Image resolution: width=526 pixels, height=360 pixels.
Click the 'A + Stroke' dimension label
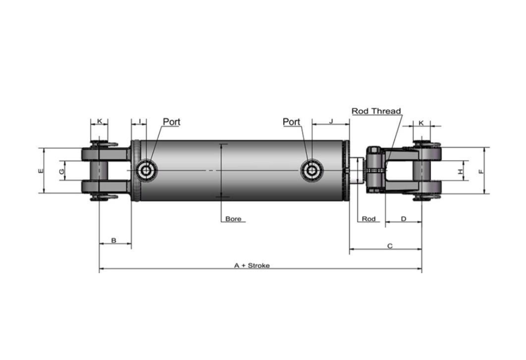pos(252,265)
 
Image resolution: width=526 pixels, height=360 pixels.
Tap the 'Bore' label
pos(233,219)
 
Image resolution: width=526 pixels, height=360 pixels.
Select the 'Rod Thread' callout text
pos(376,111)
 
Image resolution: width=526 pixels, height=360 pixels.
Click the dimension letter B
pos(114,241)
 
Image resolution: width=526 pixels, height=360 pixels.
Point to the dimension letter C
pos(390,246)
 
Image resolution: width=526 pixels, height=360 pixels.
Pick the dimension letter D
pos(403,219)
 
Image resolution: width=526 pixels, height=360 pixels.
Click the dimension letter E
pos(40,171)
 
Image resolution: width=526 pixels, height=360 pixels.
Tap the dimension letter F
pos(481,171)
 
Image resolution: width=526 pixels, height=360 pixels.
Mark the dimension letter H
pos(460,171)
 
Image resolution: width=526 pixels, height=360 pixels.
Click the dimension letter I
pos(140,121)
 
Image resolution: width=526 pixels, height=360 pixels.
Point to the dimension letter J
pos(331,121)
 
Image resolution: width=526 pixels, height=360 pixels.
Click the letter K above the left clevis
pos(99,121)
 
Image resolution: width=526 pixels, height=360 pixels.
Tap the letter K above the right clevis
pos(421,122)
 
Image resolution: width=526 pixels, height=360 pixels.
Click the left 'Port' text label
pos(171,121)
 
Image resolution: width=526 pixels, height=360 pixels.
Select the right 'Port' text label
pos(291,121)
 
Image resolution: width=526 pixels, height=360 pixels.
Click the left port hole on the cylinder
pos(147,171)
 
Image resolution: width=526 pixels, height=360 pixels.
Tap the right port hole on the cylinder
pos(312,171)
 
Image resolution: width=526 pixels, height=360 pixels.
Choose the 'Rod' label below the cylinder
pos(369,219)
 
